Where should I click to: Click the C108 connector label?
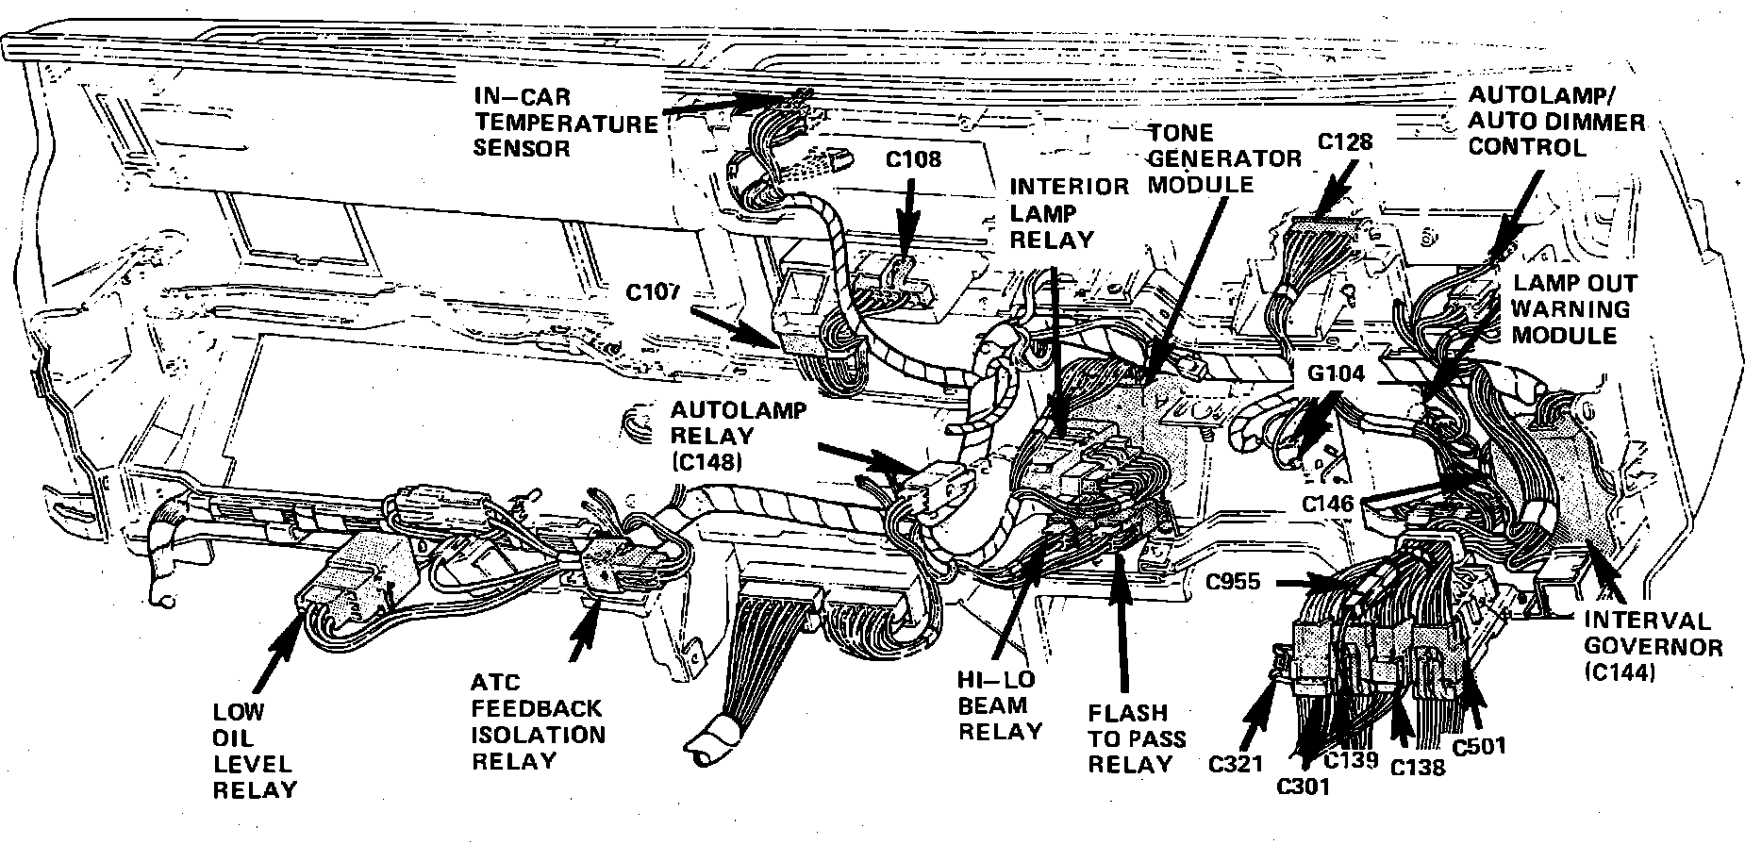(912, 159)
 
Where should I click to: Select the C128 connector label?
(1344, 142)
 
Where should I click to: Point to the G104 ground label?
(1335, 373)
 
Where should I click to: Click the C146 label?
(1328, 505)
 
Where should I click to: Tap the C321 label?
(1235, 763)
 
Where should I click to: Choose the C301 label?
(1304, 785)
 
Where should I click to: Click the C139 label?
(1351, 758)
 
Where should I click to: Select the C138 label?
(1418, 766)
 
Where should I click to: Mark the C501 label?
(1479, 745)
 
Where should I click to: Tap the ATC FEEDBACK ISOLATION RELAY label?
(538, 721)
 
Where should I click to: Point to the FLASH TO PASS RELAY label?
(1127, 738)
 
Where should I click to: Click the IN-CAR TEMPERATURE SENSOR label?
(564, 123)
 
